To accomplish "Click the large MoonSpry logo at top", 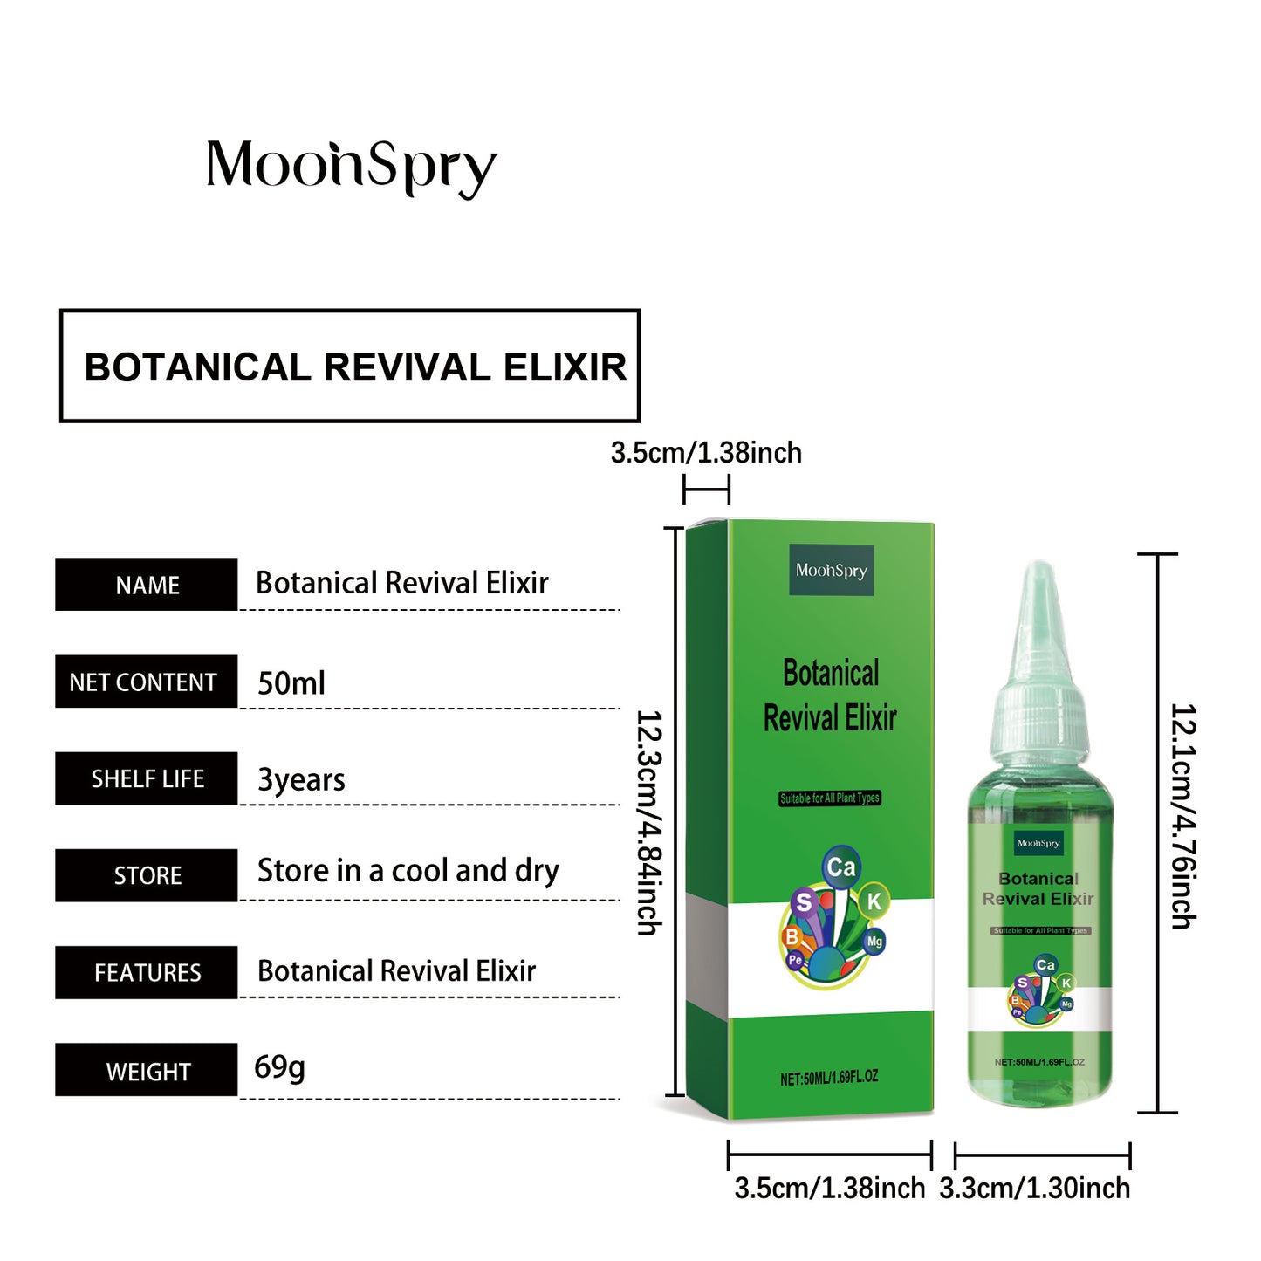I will pyautogui.click(x=351, y=167).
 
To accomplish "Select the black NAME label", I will pyautogui.click(x=147, y=585).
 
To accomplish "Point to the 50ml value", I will pyautogui.click(x=291, y=683).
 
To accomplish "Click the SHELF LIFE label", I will pyautogui.click(x=147, y=778).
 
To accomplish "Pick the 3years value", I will pyautogui.click(x=301, y=779).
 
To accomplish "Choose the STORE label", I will pyautogui.click(x=147, y=875).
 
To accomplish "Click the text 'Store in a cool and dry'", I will pyautogui.click(x=408, y=871).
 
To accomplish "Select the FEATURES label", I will pyautogui.click(x=147, y=972).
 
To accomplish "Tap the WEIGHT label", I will pyautogui.click(x=147, y=1071).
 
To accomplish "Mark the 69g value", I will pyautogui.click(x=279, y=1066).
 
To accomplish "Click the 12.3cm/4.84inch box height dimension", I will pyautogui.click(x=649, y=822).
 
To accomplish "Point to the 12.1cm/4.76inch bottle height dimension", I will pyautogui.click(x=1183, y=816).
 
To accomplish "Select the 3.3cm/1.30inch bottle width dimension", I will pyautogui.click(x=1035, y=1189).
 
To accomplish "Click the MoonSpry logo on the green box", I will pyautogui.click(x=831, y=571).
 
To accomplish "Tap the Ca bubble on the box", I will pyautogui.click(x=841, y=867).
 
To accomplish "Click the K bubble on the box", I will pyautogui.click(x=874, y=901).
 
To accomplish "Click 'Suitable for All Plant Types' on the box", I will pyautogui.click(x=830, y=798).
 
